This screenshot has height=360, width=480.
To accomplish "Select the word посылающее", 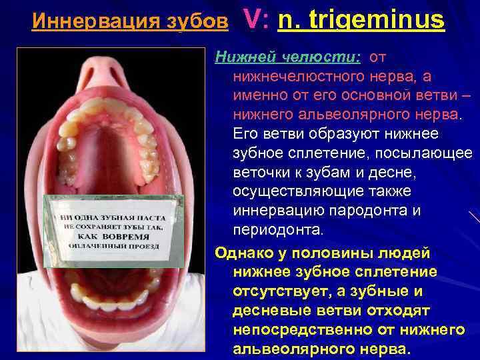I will (421, 154).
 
